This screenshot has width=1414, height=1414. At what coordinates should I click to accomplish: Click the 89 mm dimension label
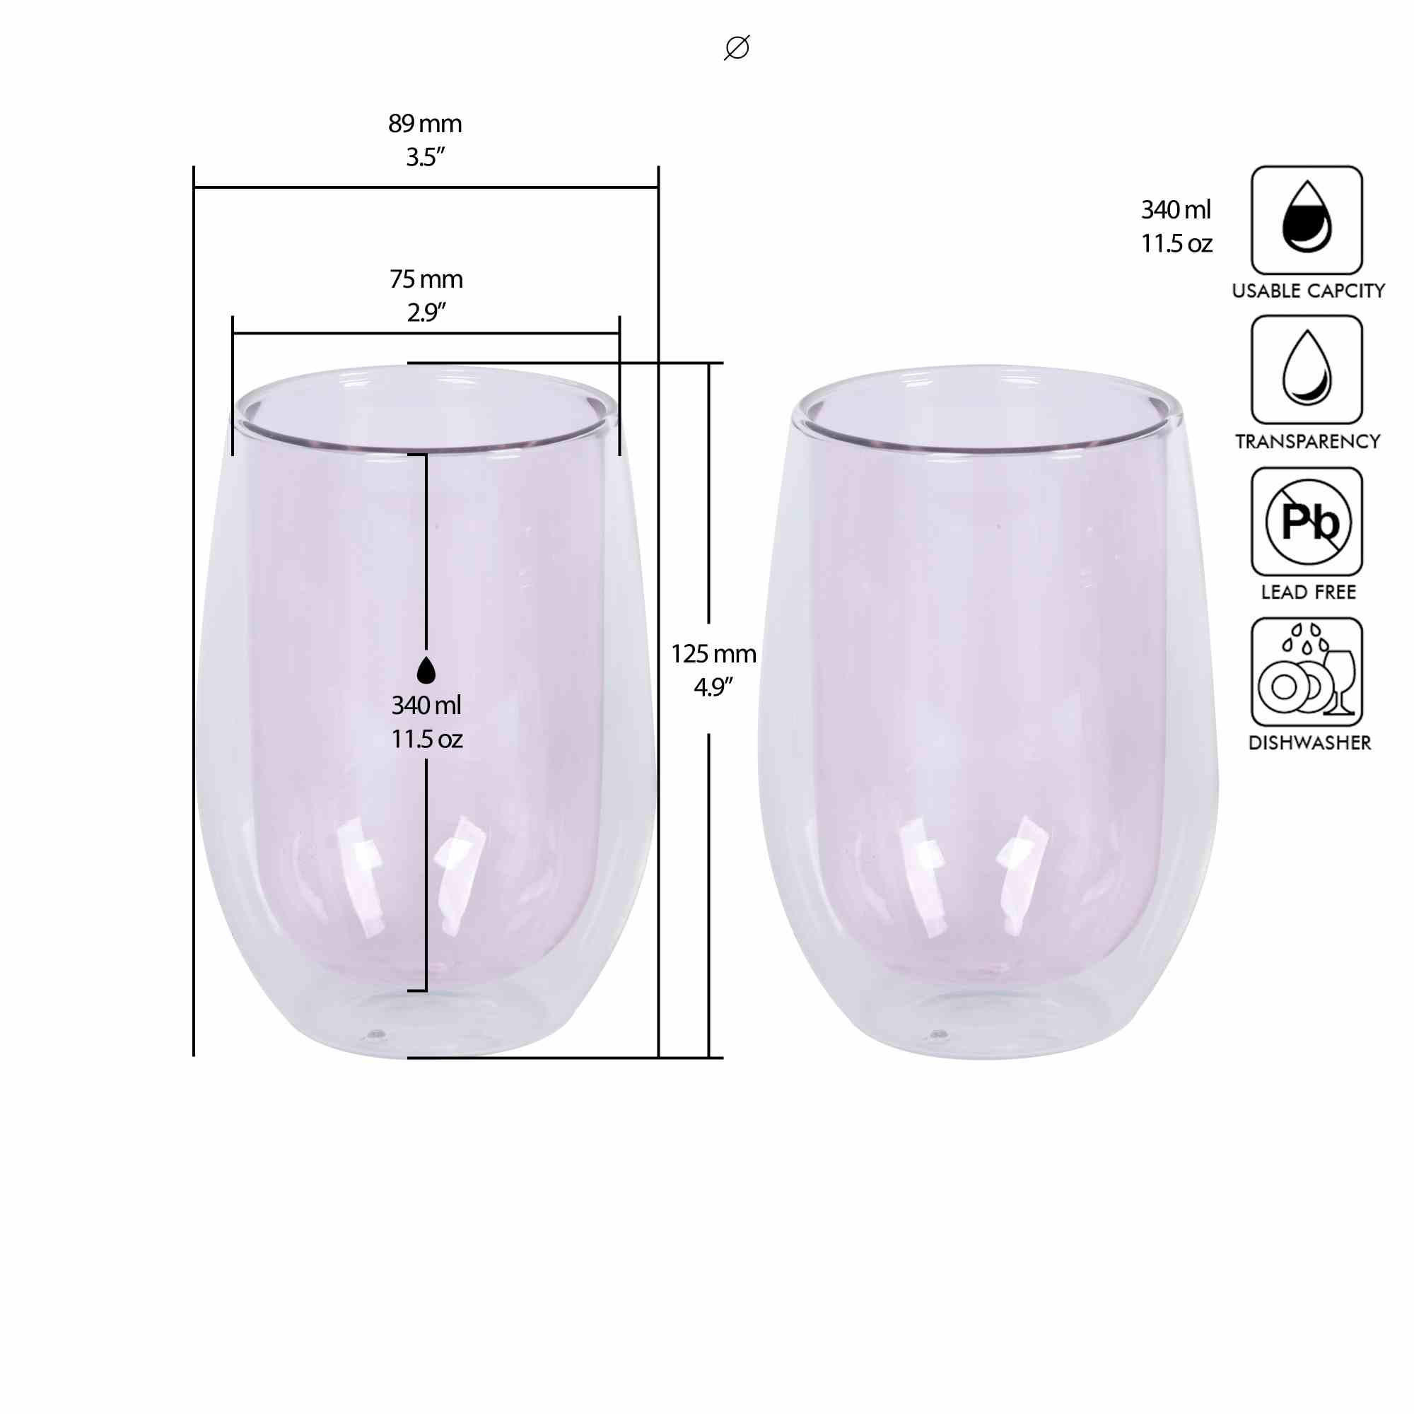point(425,124)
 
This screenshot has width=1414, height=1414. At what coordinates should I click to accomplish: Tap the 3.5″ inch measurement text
point(425,158)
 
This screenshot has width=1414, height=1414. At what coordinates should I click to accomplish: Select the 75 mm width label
point(426,279)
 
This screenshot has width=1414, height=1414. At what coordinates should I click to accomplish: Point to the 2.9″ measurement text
point(426,312)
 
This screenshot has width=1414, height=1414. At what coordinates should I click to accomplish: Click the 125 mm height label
point(713,653)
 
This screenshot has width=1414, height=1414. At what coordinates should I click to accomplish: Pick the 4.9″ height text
point(713,687)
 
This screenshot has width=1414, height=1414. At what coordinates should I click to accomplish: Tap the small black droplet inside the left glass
point(426,670)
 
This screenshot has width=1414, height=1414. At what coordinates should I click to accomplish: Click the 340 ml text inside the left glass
point(426,706)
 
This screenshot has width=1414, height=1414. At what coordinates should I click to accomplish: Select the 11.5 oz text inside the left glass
point(426,740)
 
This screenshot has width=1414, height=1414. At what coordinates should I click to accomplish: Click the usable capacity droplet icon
point(1307,220)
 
